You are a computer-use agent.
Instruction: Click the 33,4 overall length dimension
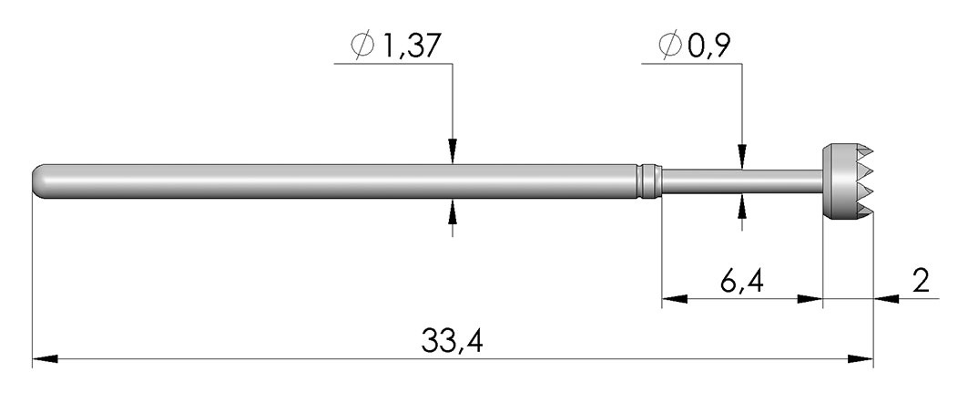[x=452, y=341]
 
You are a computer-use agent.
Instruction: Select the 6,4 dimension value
[x=742, y=282]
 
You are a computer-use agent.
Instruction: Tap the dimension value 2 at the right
[x=921, y=281]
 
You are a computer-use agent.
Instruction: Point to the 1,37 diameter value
[x=412, y=46]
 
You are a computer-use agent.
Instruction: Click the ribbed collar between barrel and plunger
[x=649, y=181]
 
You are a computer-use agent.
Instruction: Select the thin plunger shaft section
[x=742, y=181]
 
